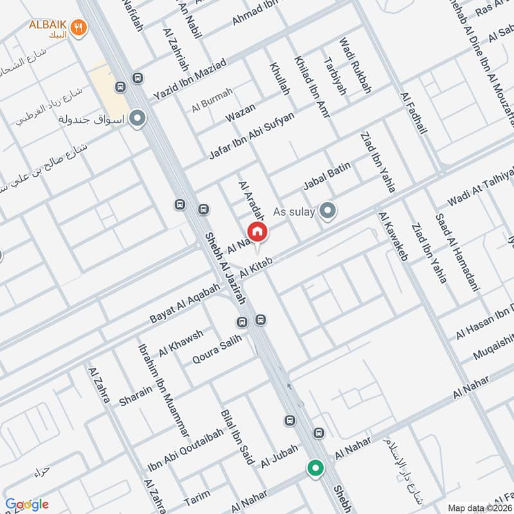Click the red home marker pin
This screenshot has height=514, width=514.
coord(257,231)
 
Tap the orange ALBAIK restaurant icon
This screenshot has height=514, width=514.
coord(79,28)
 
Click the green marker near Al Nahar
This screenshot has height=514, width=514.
coord(314,468)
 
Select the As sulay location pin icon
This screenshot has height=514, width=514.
coord(328,211)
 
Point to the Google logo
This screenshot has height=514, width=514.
coord(27,504)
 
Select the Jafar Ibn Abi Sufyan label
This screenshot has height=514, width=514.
coord(252,136)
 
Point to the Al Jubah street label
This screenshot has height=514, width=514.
coord(279,458)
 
